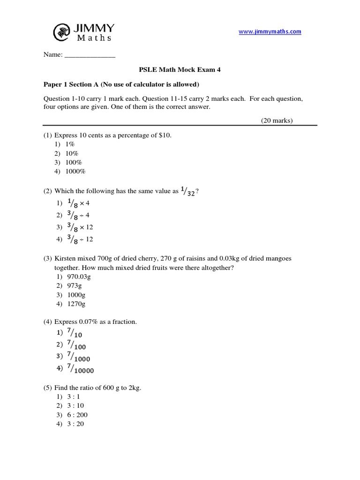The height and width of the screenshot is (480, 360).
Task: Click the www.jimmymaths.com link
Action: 270,32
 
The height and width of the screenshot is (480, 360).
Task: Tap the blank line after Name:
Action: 90,55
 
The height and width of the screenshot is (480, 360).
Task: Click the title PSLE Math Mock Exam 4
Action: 180,70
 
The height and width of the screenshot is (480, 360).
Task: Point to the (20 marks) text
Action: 277,120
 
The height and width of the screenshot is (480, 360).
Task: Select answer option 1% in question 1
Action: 70,144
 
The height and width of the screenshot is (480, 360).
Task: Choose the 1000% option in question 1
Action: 75,171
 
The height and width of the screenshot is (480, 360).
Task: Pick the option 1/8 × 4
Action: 75,203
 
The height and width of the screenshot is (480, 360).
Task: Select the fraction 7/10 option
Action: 75,334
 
